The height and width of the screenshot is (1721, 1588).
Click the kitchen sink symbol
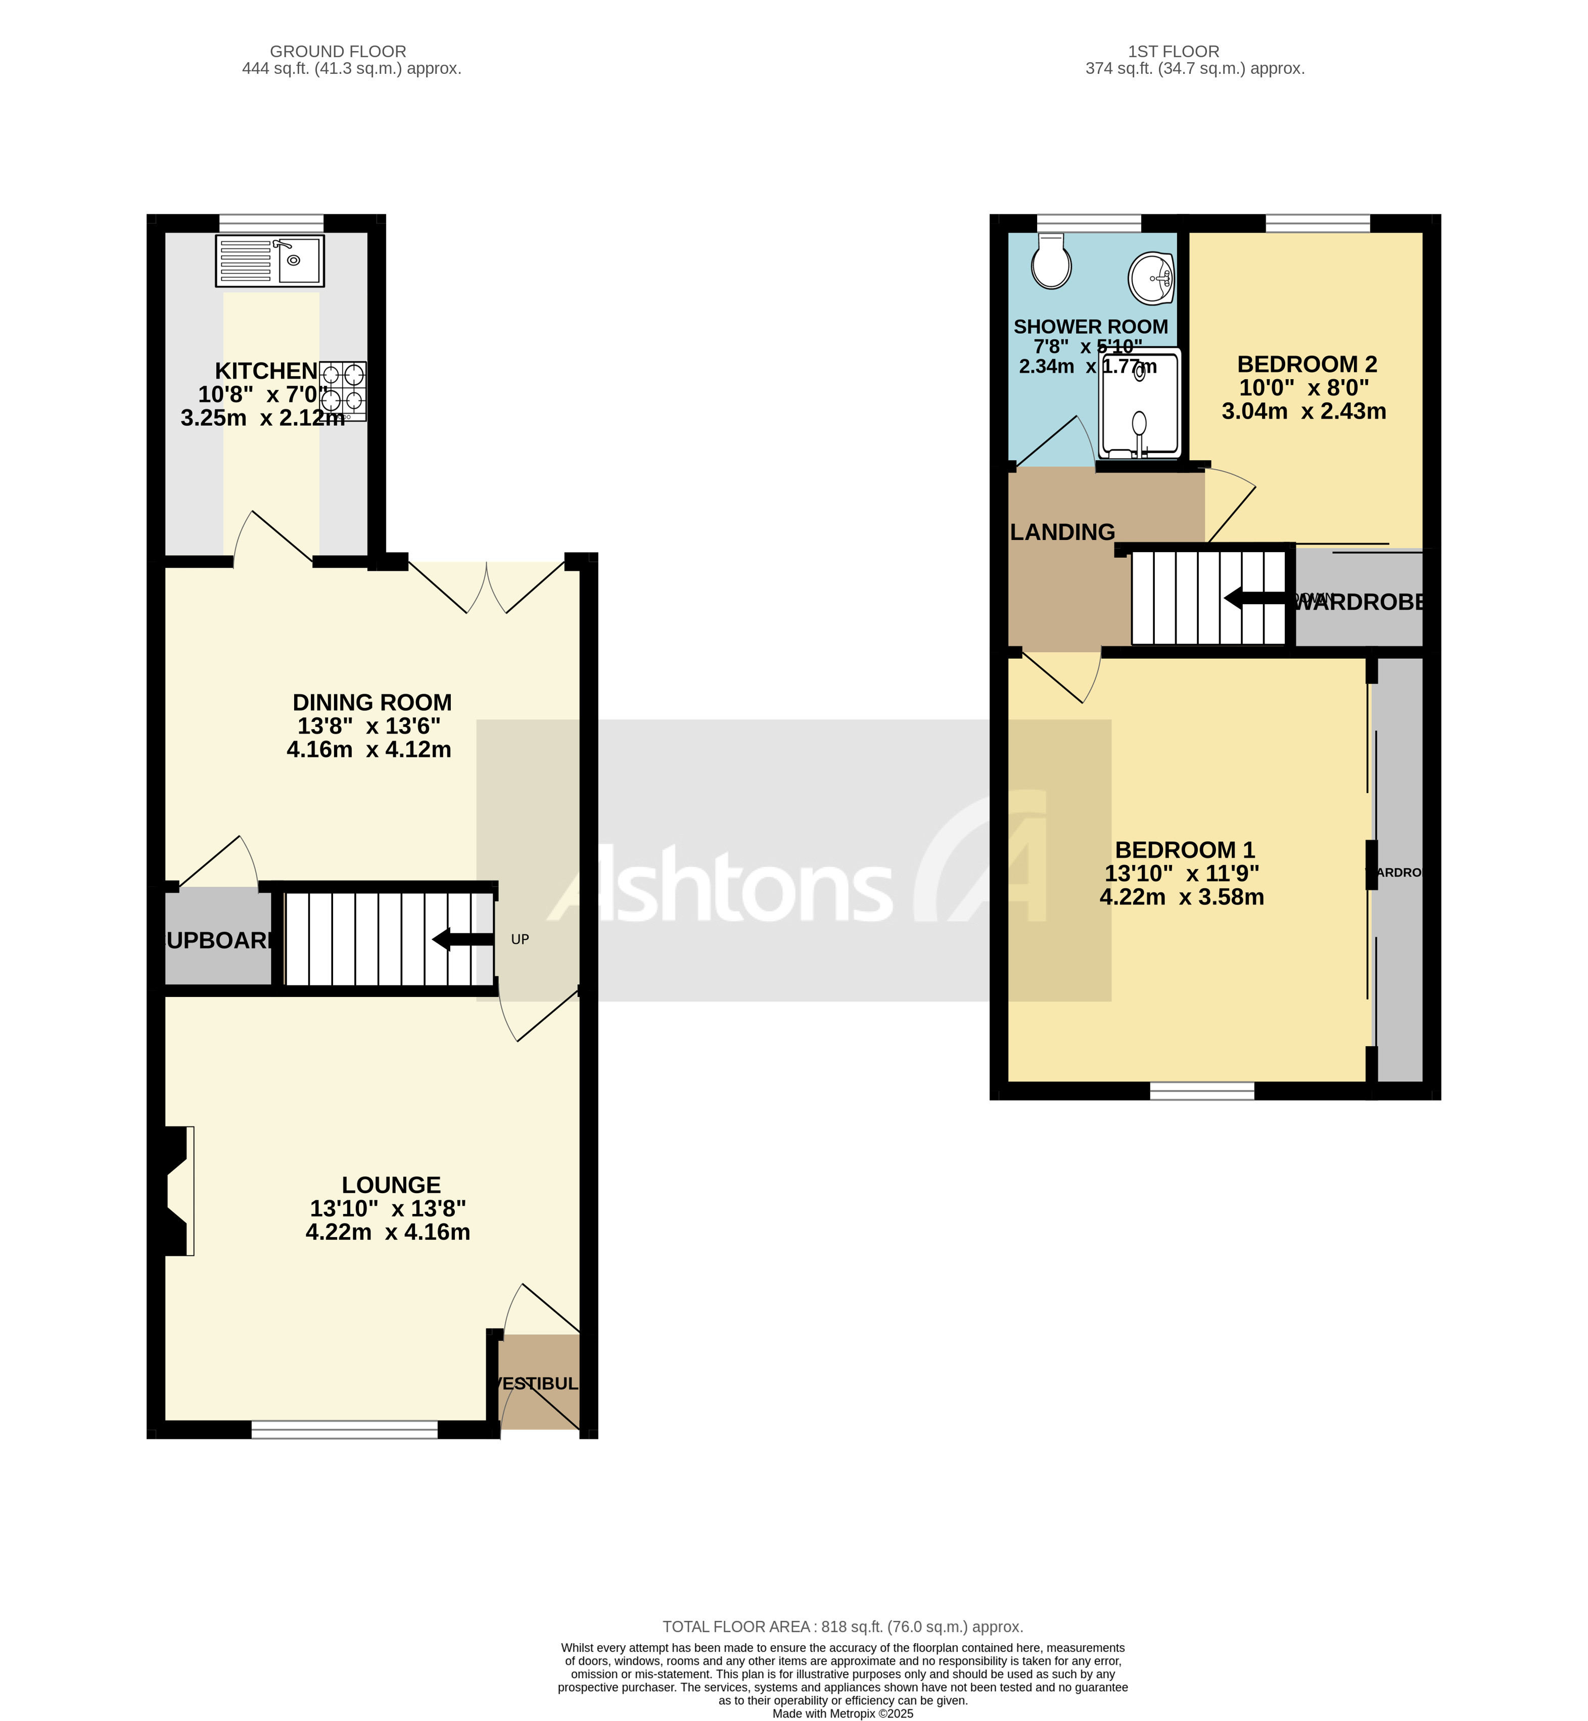pyautogui.click(x=270, y=260)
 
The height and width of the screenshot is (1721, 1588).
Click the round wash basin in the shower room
pyautogui.click(x=1151, y=279)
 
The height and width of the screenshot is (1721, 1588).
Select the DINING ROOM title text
pyautogui.click(x=372, y=702)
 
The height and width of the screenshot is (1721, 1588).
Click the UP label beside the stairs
pyautogui.click(x=520, y=939)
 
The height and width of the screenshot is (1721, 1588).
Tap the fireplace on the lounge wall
pyautogui.click(x=178, y=1192)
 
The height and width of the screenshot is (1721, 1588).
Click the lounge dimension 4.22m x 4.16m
pyautogui.click(x=388, y=1232)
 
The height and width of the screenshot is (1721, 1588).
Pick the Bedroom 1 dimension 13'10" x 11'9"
pyautogui.click(x=1182, y=874)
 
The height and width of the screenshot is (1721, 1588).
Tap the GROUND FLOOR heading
pyautogui.click(x=338, y=52)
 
